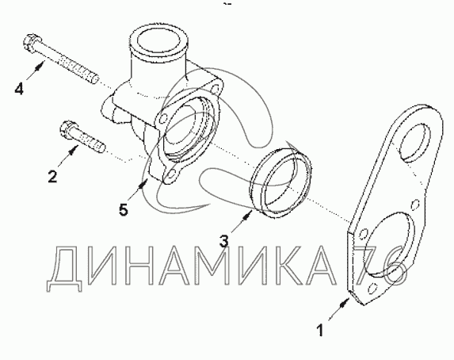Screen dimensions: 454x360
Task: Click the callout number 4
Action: (x=19, y=88)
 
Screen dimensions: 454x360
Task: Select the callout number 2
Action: (x=52, y=176)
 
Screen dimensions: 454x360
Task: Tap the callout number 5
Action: (x=124, y=209)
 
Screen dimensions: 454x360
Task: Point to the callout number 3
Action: (x=223, y=241)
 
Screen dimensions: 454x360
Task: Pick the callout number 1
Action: (x=320, y=331)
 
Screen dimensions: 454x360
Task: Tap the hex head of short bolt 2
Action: (x=67, y=129)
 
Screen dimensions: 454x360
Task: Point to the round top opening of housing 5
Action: (x=158, y=41)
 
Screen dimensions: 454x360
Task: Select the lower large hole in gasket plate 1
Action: (x=388, y=243)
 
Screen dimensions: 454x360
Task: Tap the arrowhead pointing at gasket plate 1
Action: (x=344, y=303)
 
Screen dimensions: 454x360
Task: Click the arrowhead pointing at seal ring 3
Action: (x=246, y=215)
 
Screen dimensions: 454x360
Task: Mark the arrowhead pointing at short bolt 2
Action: (x=74, y=149)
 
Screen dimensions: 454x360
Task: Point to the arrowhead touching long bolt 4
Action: (x=40, y=66)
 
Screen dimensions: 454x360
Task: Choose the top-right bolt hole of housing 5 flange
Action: (x=216, y=87)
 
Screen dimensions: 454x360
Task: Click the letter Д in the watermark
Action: (x=64, y=267)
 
